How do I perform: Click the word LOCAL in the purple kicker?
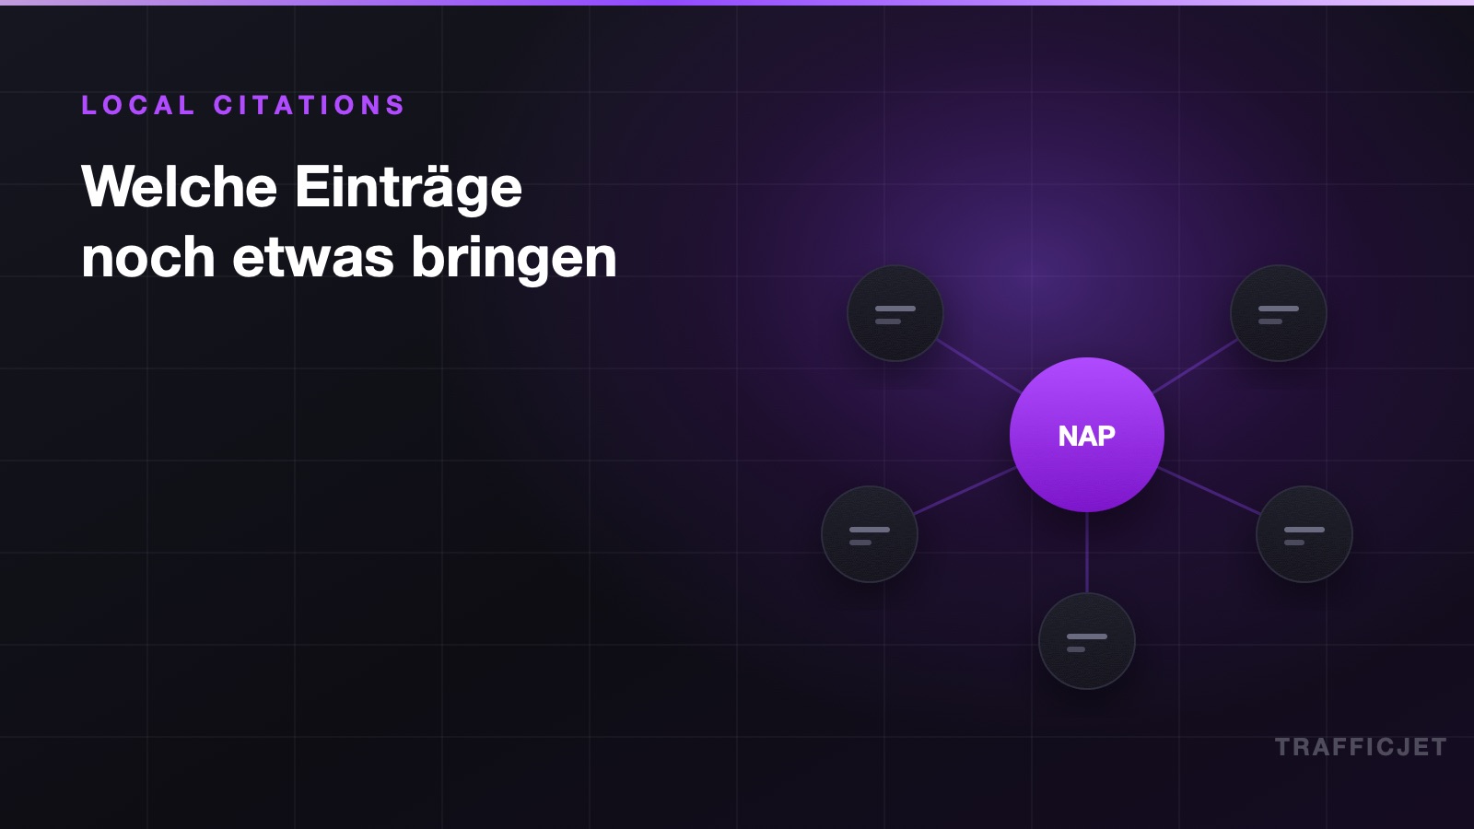(138, 105)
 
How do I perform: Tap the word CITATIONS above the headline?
(310, 105)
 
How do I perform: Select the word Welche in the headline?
(179, 187)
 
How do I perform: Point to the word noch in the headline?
(148, 257)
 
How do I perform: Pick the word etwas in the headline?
(313, 259)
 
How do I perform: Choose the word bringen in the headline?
(514, 259)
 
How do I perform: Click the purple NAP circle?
(1087, 435)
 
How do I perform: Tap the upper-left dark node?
(895, 313)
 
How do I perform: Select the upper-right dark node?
(1279, 313)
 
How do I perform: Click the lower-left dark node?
(870, 534)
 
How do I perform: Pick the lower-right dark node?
(1304, 534)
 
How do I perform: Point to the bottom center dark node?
(1087, 641)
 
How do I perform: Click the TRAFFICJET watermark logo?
(1361, 747)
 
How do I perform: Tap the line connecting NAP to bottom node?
(1087, 553)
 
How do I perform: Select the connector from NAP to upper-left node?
(979, 367)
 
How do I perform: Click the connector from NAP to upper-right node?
(1195, 367)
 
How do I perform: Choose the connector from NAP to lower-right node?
(1209, 491)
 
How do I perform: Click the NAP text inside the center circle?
(1087, 437)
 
